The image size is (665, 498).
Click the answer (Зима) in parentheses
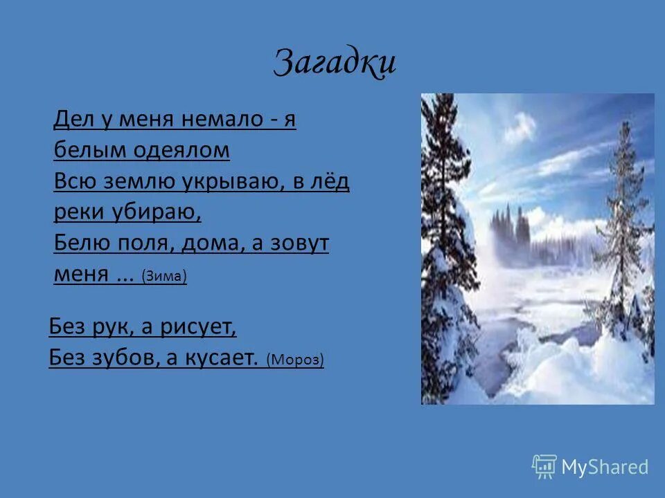click(164, 276)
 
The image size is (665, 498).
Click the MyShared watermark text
click(605, 467)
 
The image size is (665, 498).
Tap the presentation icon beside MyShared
click(544, 467)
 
